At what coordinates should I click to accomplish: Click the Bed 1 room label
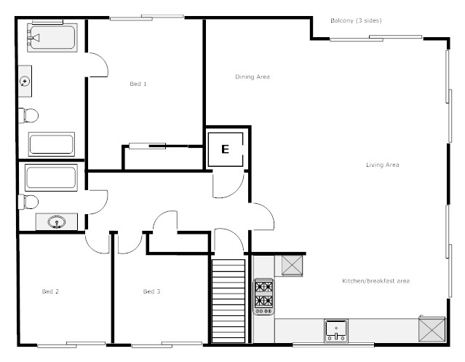(x=138, y=84)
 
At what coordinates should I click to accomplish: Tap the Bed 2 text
(x=50, y=291)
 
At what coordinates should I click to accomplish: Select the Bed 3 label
(x=151, y=291)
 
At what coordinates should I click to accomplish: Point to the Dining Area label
(x=253, y=77)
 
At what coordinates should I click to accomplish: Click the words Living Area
(x=383, y=165)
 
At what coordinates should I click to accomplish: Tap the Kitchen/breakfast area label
(x=376, y=281)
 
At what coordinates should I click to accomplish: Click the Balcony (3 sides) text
(x=356, y=20)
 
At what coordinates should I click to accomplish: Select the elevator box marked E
(x=226, y=149)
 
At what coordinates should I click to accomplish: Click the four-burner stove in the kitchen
(x=263, y=296)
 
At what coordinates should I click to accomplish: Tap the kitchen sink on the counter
(x=336, y=331)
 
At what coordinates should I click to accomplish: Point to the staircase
(x=228, y=301)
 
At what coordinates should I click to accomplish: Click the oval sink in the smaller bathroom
(x=57, y=222)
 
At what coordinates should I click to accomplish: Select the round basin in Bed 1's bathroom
(x=25, y=81)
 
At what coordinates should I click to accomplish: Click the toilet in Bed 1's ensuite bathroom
(x=28, y=115)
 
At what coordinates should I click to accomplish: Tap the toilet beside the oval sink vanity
(x=28, y=202)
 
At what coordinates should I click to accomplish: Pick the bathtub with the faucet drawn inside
(x=52, y=38)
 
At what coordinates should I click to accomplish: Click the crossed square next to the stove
(x=292, y=266)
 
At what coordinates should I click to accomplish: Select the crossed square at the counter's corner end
(x=432, y=329)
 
